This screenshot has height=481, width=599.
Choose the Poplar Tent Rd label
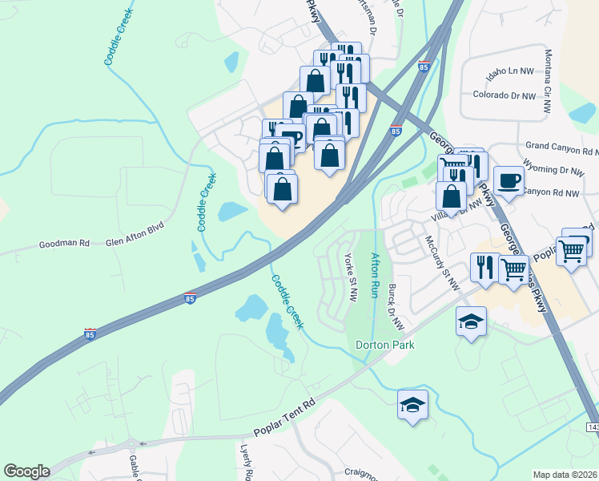[284, 421]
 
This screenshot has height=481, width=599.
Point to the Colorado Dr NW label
[504, 95]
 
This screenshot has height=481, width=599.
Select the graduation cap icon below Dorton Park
[413, 406]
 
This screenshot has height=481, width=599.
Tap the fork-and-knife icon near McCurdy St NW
[484, 268]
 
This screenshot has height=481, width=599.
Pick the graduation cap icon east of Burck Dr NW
[471, 322]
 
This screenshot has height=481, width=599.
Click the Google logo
[26, 471]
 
